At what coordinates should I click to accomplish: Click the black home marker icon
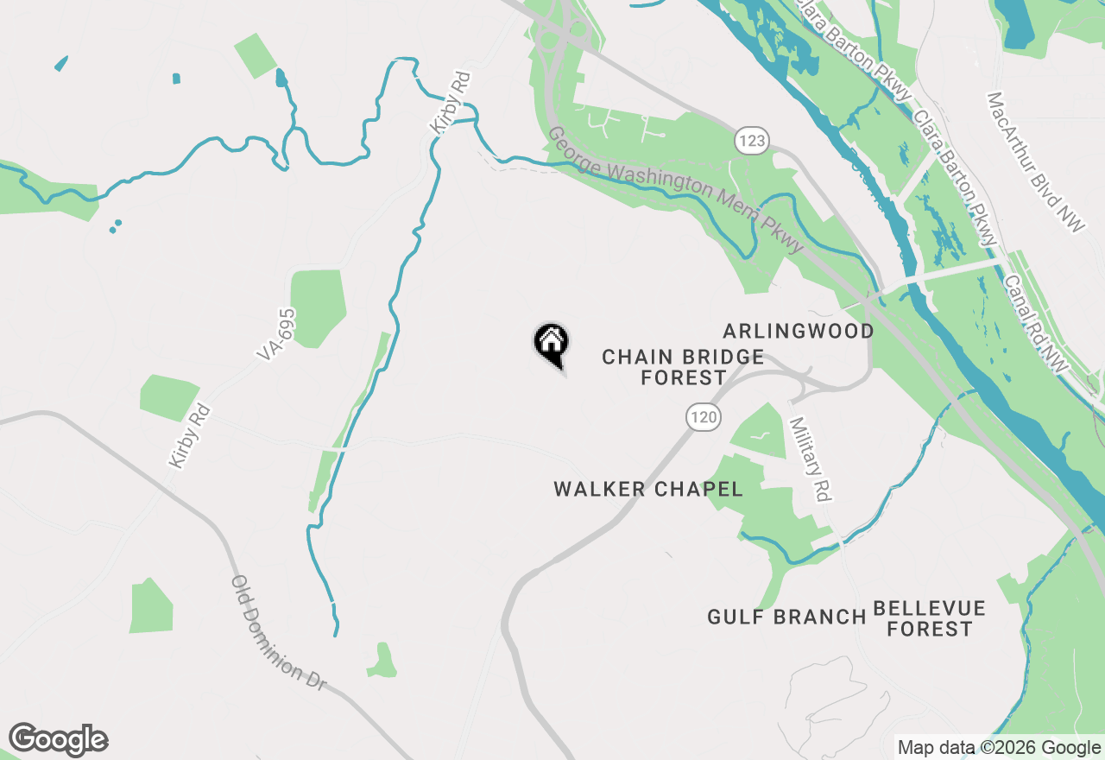[551, 343]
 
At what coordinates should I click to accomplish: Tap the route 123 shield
[753, 140]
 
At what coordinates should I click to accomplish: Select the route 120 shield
[704, 418]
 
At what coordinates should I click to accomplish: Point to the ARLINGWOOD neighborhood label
[799, 331]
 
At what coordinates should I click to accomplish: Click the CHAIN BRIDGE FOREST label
[683, 367]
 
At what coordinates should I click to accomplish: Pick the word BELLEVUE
[929, 608]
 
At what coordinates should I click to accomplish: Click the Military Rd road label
[810, 459]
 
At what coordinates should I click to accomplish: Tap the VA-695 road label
[276, 334]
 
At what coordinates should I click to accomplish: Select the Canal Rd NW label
[1037, 325]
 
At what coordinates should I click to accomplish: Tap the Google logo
[58, 740]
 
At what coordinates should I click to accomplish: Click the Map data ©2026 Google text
[999, 748]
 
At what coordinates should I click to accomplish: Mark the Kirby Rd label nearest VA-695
[189, 436]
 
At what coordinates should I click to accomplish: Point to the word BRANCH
[824, 617]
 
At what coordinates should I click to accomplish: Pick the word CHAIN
[639, 357]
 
